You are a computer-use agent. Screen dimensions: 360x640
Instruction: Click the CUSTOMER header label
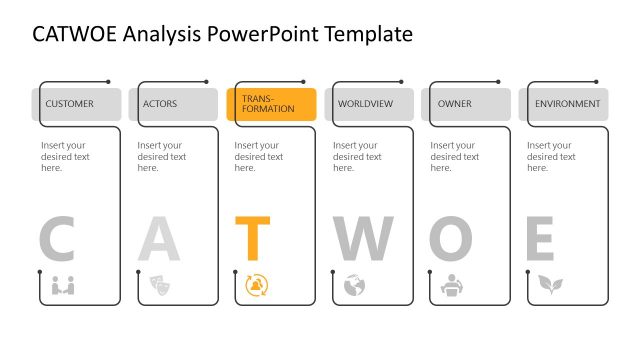click(x=69, y=104)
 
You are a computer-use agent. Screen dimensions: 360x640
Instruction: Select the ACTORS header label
click(x=160, y=104)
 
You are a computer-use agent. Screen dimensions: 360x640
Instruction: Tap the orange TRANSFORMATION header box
click(x=271, y=104)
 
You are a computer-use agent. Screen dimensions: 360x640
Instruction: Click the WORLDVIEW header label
click(x=365, y=104)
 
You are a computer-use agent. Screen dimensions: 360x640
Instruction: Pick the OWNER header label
click(x=455, y=104)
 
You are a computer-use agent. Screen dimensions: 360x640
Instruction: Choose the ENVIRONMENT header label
click(x=567, y=104)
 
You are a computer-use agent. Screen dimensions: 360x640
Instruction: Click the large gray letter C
click(x=57, y=239)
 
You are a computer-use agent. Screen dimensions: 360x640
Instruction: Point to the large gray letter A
click(x=158, y=239)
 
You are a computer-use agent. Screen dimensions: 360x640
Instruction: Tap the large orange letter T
click(x=253, y=239)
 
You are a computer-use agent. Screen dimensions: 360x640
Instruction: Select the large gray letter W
click(x=363, y=239)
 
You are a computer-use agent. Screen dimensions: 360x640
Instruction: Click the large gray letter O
click(x=450, y=239)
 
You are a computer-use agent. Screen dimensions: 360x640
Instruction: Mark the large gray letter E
click(x=540, y=239)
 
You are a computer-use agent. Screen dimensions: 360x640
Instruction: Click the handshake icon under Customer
click(x=63, y=285)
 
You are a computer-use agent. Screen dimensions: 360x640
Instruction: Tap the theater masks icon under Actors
click(x=159, y=285)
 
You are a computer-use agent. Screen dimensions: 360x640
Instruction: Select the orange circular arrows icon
click(x=256, y=285)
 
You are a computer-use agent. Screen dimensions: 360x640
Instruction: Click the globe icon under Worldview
click(x=354, y=285)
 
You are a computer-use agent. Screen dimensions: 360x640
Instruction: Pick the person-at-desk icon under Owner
click(x=451, y=285)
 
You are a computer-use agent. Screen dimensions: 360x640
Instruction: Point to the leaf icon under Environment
click(x=549, y=285)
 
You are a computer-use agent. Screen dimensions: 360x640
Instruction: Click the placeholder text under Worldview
click(x=357, y=156)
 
